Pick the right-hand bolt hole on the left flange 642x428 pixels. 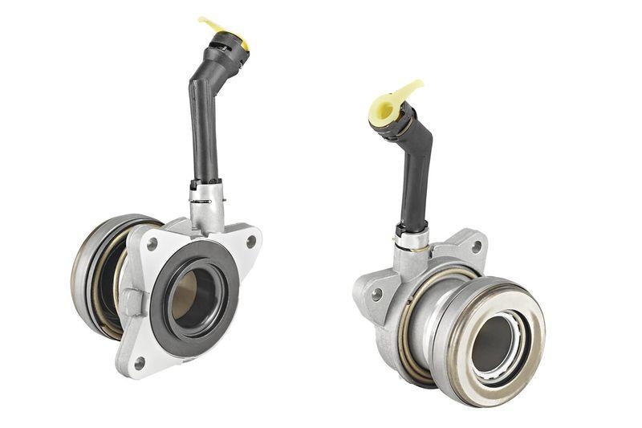pyautogui.click(x=251, y=240)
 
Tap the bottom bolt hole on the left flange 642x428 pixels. pyautogui.click(x=140, y=363)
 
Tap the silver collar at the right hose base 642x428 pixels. pyautogui.click(x=412, y=238)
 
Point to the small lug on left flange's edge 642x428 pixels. pyautogui.click(x=132, y=302)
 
